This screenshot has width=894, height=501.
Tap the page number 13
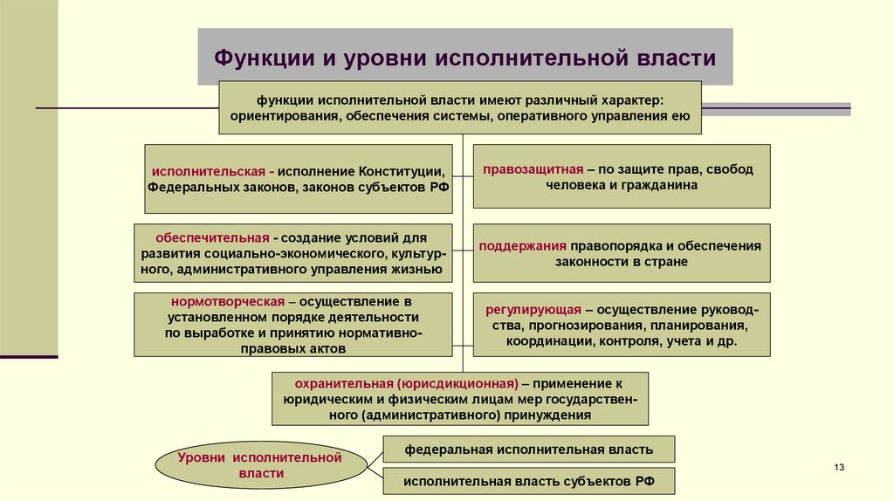pyautogui.click(x=840, y=469)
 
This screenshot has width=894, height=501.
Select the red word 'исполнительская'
pyautogui.click(x=206, y=170)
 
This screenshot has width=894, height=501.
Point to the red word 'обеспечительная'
pyautogui.click(x=212, y=237)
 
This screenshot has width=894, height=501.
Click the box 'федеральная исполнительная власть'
pyautogui.click(x=528, y=450)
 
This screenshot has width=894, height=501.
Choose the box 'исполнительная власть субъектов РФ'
pyautogui.click(x=528, y=480)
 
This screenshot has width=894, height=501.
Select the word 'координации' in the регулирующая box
pyautogui.click(x=548, y=341)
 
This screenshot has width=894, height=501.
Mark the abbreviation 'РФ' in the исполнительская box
pyautogui.click(x=438, y=187)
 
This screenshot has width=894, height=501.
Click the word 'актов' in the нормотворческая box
pyautogui.click(x=328, y=348)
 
